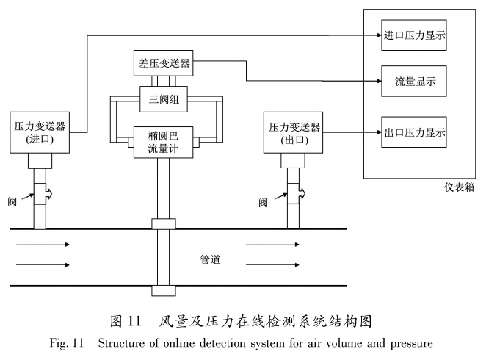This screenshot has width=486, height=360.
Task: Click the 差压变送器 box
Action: (164, 63)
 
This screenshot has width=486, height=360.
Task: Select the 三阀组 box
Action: (164, 98)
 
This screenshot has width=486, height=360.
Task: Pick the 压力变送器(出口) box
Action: (292, 132)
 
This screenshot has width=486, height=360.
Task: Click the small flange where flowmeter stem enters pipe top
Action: (163, 223)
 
